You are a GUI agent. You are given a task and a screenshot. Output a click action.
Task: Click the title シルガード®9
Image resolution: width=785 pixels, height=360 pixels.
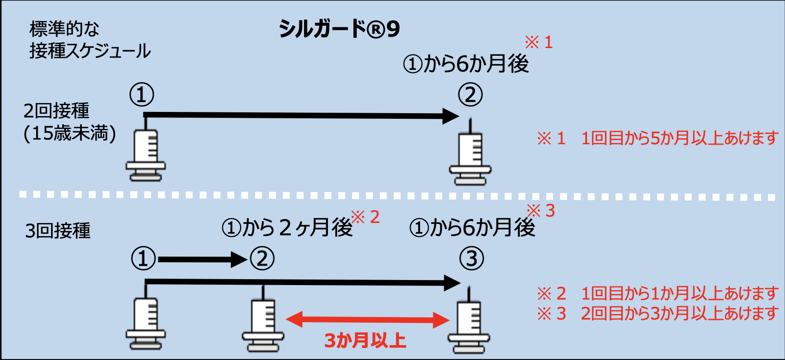tap(339, 29)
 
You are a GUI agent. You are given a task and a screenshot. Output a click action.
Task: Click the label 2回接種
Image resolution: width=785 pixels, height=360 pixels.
tap(56, 111)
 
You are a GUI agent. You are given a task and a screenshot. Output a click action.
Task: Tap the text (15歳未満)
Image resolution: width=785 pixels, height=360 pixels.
tap(70, 134)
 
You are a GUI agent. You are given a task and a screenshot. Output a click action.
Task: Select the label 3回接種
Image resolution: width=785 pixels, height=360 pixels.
tap(58, 231)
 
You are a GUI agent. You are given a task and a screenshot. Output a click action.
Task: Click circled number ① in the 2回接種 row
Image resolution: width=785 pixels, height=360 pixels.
tap(142, 94)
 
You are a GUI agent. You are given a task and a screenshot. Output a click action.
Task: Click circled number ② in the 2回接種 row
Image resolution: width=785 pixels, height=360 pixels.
tap(470, 94)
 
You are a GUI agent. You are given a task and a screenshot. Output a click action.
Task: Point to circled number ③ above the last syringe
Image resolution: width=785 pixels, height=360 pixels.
tap(472, 259)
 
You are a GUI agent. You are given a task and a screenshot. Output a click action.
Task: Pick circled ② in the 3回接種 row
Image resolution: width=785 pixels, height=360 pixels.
tap(262, 259)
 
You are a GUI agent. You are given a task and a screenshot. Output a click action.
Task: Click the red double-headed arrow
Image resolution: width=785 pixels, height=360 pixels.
tap(368, 320)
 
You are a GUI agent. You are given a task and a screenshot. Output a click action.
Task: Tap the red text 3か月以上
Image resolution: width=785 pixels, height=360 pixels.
tap(365, 341)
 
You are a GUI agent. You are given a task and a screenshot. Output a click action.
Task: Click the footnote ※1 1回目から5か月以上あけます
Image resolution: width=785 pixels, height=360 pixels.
tap(658, 138)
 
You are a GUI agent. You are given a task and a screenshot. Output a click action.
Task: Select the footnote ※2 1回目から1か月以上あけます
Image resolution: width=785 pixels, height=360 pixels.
tap(658, 294)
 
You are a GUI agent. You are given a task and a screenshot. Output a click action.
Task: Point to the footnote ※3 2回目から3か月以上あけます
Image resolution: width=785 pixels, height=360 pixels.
tap(658, 314)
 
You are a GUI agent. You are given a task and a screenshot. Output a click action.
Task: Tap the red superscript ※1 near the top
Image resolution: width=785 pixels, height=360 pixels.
tap(539, 43)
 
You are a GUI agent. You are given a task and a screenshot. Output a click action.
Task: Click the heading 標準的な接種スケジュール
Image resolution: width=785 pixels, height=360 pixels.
tap(90, 40)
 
